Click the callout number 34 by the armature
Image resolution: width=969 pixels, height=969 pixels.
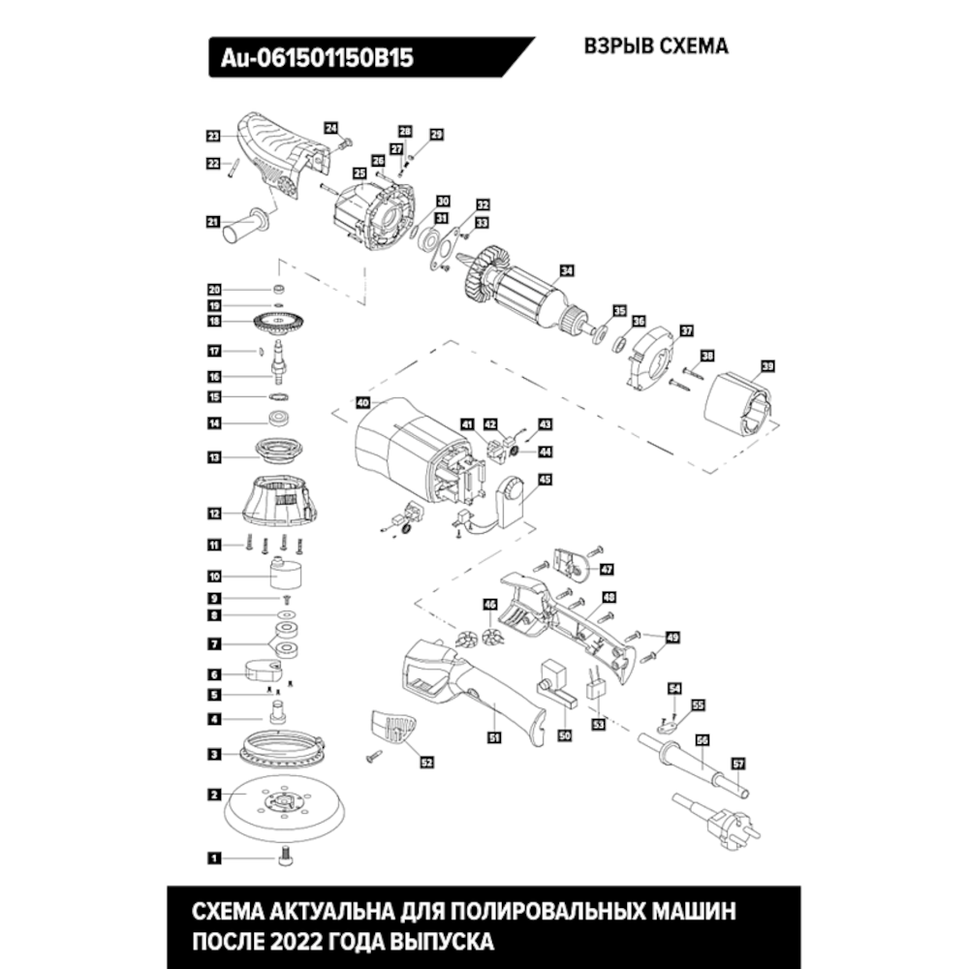tap(567, 270)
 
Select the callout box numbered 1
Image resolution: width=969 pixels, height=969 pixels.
tap(214, 858)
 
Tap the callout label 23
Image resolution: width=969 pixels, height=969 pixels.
tap(213, 136)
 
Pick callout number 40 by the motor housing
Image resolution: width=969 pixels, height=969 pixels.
tap(362, 403)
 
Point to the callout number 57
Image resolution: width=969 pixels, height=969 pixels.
tap(738, 764)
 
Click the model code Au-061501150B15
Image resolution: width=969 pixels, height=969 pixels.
tap(317, 58)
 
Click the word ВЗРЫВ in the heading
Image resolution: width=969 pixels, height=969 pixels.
tap(619, 47)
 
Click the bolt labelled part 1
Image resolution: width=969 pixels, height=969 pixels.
tap(285, 859)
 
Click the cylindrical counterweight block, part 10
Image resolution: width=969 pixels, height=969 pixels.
tap(286, 573)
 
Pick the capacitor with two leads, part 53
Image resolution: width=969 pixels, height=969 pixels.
tap(595, 685)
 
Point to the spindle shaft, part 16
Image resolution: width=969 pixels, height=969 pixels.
tap(277, 361)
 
